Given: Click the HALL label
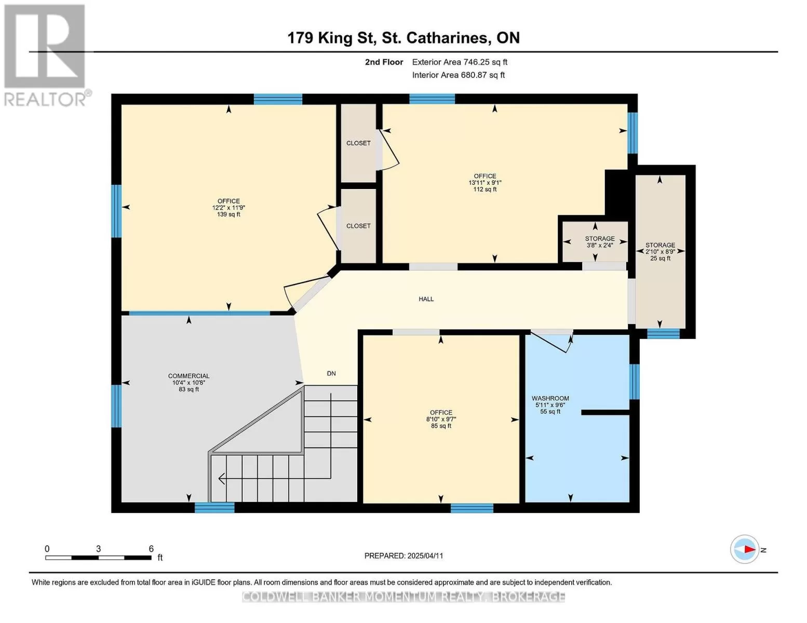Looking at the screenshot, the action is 426,299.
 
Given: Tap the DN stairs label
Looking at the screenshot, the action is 331,373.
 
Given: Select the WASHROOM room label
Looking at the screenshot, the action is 550,398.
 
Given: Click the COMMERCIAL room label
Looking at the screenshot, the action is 189,376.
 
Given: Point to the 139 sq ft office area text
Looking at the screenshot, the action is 228,214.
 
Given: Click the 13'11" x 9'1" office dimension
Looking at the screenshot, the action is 485,183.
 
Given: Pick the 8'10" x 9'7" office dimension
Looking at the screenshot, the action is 441,419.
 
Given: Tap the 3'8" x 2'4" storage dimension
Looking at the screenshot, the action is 600,245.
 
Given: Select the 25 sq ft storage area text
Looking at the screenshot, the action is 661,258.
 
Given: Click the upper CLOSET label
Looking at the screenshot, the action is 358,143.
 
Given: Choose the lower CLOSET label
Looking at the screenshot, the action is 358,226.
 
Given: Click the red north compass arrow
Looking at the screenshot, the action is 750,549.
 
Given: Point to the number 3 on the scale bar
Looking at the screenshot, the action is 99,549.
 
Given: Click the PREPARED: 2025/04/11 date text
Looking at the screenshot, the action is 403,556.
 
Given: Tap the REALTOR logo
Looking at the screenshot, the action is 46,56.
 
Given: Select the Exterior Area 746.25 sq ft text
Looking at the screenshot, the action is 460,62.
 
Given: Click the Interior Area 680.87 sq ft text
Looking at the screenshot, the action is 459,75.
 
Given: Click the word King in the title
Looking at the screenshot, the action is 333,38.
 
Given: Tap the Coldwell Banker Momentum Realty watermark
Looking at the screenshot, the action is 403,597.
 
